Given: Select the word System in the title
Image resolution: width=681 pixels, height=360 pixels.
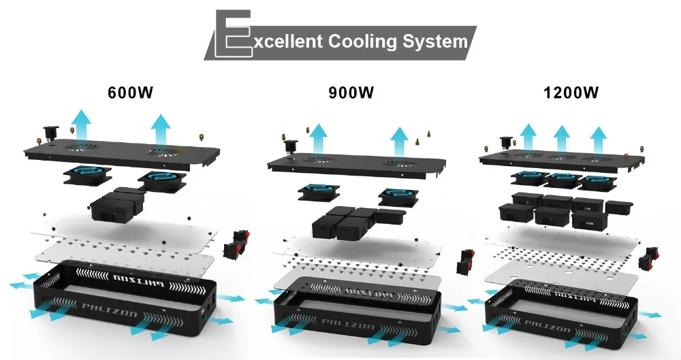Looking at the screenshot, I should tap(435, 42).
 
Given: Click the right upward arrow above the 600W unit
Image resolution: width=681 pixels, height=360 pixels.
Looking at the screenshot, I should tap(161, 128).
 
